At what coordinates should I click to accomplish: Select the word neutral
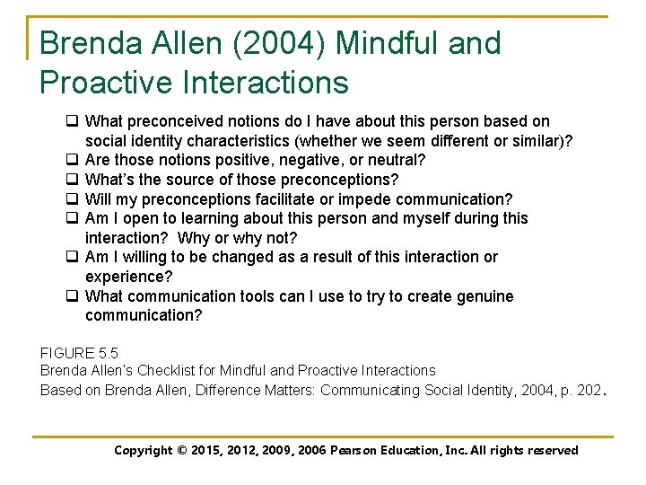click(x=396, y=160)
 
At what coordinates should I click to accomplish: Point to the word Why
click(x=195, y=238)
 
